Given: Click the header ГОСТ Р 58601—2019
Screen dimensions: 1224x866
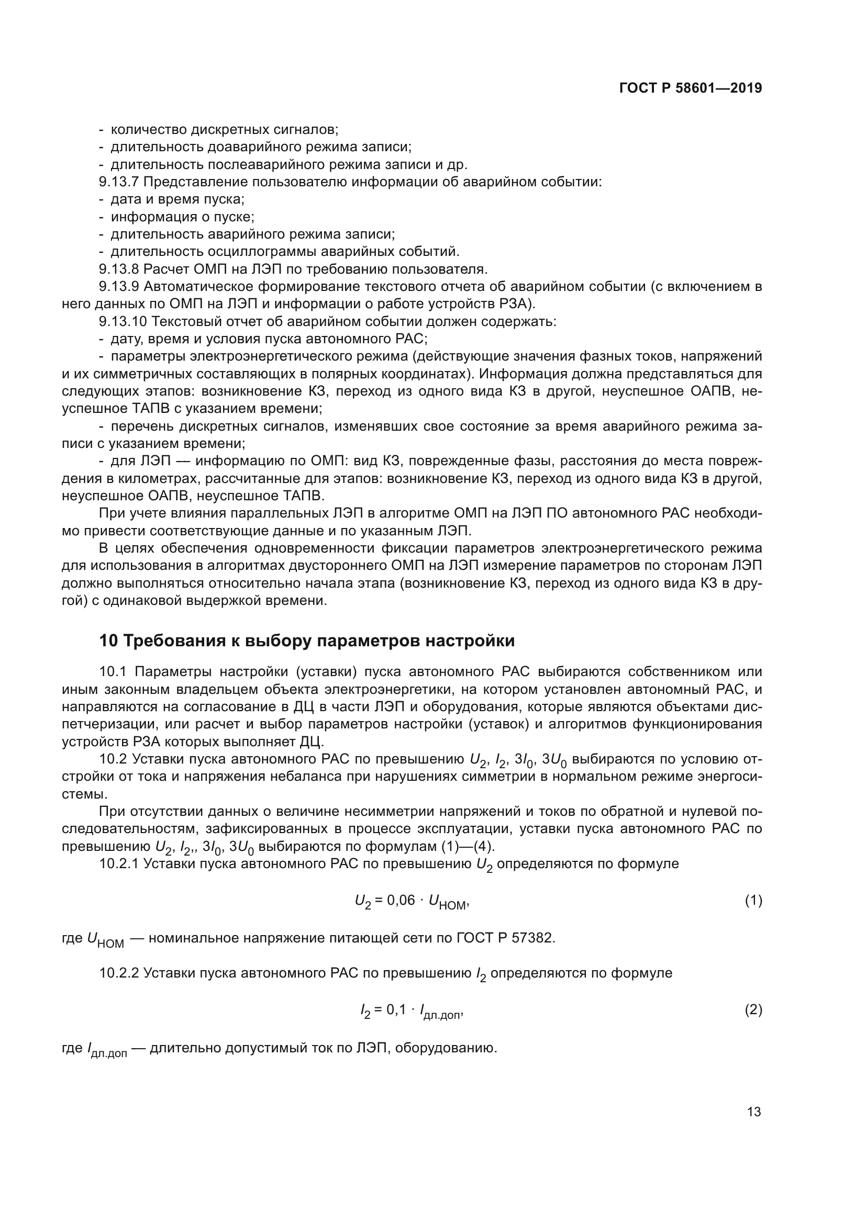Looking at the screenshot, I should click(x=691, y=88).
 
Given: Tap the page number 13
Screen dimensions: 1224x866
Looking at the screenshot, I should click(x=754, y=1111).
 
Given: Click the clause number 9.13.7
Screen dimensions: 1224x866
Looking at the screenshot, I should click(x=118, y=182).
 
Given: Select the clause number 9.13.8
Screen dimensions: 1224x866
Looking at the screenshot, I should click(x=118, y=268).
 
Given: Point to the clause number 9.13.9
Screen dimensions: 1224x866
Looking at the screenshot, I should click(x=118, y=286).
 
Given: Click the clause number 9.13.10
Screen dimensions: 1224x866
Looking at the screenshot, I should click(x=122, y=321).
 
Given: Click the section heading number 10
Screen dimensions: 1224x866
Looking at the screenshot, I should click(x=108, y=640).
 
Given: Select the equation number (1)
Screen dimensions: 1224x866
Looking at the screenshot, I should click(x=753, y=901).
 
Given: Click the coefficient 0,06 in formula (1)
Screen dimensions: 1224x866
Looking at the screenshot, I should click(x=401, y=900).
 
